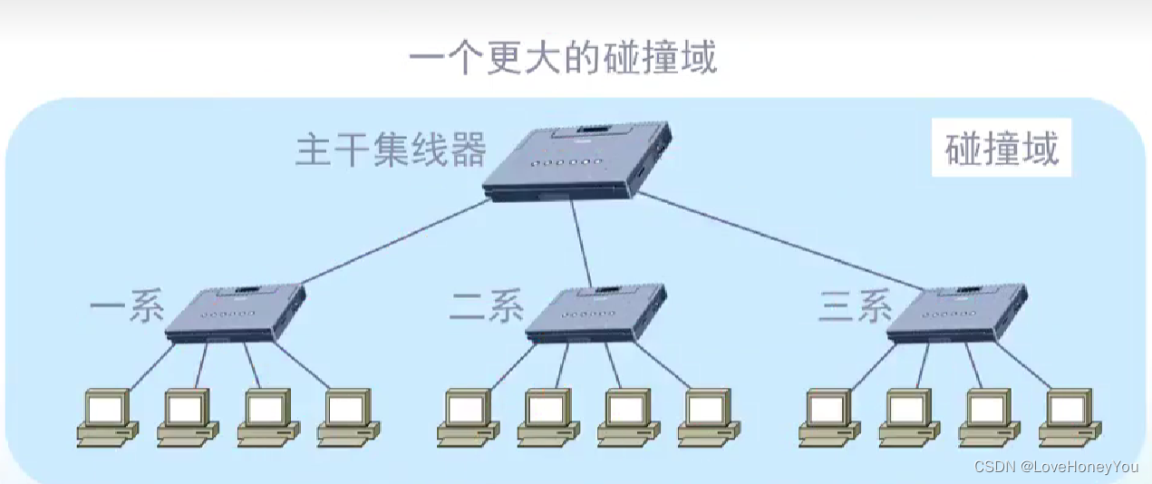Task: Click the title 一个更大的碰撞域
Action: pos(563,58)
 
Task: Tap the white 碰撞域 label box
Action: pos(1002,150)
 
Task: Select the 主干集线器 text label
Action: pos(391,150)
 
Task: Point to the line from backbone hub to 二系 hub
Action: pos(581,243)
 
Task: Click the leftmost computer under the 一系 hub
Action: pos(107,418)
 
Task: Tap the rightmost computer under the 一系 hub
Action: pos(347,418)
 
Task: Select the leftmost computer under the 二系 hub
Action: pos(468,418)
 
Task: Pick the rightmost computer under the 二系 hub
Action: pos(708,418)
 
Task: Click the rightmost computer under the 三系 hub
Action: pos(1070,418)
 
